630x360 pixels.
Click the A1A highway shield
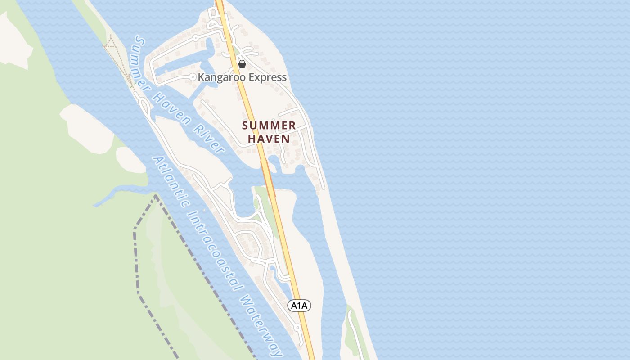pyautogui.click(x=299, y=306)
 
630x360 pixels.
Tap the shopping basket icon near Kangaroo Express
pyautogui.click(x=242, y=64)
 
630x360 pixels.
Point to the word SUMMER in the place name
pyautogui.click(x=269, y=126)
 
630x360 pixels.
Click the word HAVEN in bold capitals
pyautogui.click(x=269, y=139)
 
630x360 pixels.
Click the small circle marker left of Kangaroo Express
pyautogui.click(x=193, y=77)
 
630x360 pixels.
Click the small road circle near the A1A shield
pyautogui.click(x=297, y=328)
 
